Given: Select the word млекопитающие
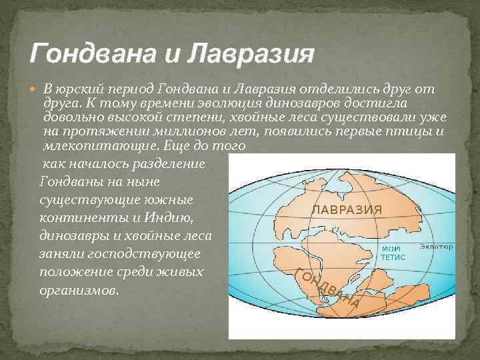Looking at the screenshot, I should [x=91, y=145].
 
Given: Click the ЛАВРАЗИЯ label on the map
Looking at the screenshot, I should [x=347, y=209].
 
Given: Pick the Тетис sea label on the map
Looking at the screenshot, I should [x=393, y=255].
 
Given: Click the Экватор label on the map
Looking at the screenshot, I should [x=436, y=247].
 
